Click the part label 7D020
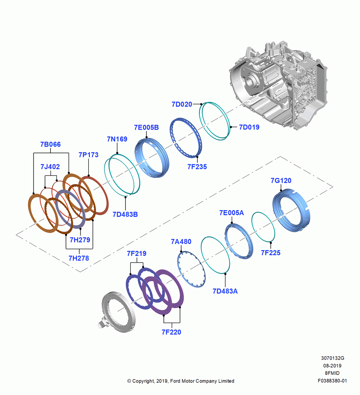(x=182, y=104)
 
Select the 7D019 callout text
(x=249, y=127)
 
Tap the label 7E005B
(x=146, y=128)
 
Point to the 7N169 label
(x=117, y=139)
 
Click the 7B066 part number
(x=51, y=144)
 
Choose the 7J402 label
(x=50, y=167)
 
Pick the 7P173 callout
(x=88, y=155)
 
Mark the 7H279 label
(x=80, y=240)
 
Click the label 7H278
(x=79, y=258)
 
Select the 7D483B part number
(x=125, y=214)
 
